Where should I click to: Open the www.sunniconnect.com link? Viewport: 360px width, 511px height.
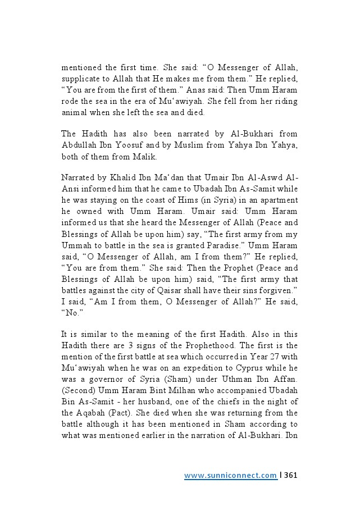tap(230, 476)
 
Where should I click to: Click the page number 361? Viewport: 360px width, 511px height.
tap(290, 476)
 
